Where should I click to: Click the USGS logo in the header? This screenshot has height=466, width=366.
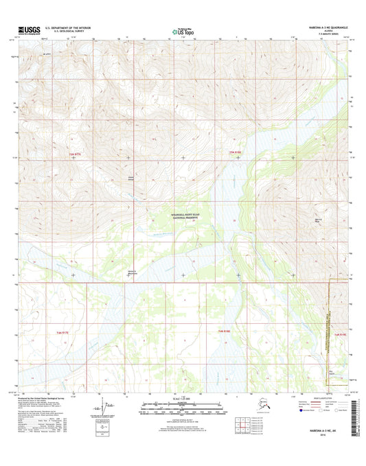point(23,30)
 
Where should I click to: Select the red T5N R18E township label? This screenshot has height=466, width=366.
point(235,151)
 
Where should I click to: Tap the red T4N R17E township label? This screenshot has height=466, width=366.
point(63,332)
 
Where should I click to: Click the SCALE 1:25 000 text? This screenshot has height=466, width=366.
point(183,400)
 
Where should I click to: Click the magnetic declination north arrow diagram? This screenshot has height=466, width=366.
point(103,409)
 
